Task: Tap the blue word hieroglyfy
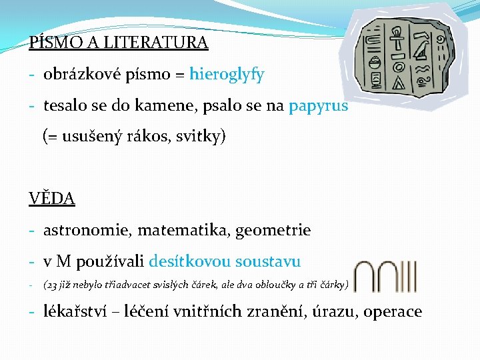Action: [x=227, y=75]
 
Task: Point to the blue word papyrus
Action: [x=318, y=106]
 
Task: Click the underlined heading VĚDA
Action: [x=52, y=198]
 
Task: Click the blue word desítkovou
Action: [x=194, y=262]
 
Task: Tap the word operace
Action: [x=393, y=311]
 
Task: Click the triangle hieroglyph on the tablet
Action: [x=399, y=83]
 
